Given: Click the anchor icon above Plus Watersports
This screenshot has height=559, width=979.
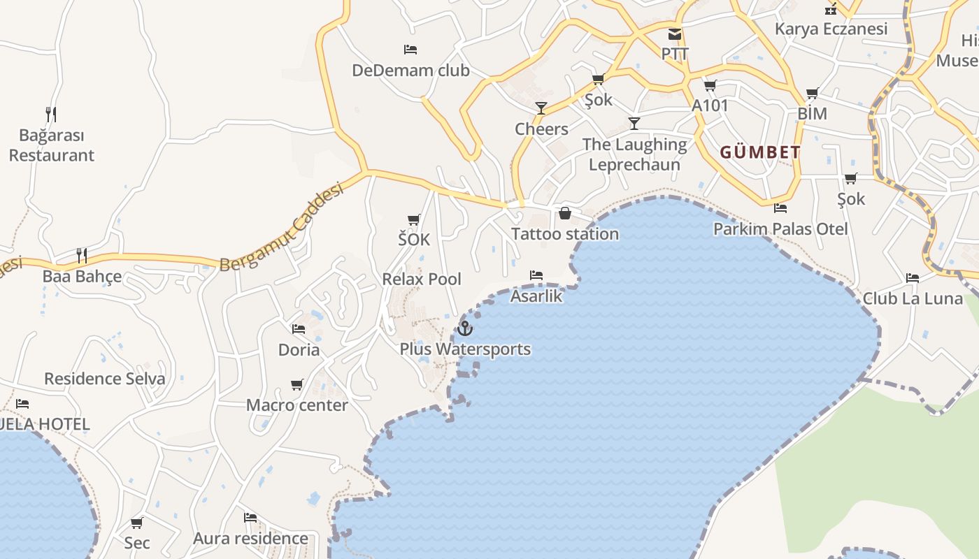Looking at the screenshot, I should [x=465, y=328].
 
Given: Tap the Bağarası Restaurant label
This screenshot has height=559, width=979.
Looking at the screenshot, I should [x=51, y=145].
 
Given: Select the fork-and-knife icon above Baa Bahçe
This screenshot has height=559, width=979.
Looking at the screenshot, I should [x=82, y=256].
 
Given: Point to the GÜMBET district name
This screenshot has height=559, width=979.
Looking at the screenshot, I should [x=760, y=152].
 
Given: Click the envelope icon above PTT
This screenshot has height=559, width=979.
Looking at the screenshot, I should [x=675, y=34].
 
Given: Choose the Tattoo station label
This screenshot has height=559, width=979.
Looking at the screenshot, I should [x=565, y=234].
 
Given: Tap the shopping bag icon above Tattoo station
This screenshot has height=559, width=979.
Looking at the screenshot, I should [x=565, y=213].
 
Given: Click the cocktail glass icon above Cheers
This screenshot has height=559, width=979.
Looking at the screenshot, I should [x=541, y=108].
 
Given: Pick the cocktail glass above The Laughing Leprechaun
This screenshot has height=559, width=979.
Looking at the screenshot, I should [x=634, y=124].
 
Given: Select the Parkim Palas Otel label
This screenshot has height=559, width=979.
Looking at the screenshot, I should [x=780, y=228].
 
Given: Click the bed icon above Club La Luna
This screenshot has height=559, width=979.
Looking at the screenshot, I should [x=913, y=277].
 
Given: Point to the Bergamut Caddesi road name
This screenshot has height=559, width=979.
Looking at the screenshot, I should [x=283, y=228].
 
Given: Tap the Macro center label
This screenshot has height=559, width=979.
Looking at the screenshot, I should [x=296, y=405].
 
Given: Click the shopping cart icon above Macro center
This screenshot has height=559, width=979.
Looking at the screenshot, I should [x=297, y=385].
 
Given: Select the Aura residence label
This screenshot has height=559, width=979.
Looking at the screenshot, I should [x=250, y=538].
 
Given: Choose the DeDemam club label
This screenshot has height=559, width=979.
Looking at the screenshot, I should [x=410, y=71].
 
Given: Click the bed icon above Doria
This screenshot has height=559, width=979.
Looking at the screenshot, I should [x=299, y=328].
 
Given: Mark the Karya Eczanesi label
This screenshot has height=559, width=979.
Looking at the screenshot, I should [x=831, y=29].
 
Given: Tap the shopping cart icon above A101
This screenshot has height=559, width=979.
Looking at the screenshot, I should [x=710, y=86].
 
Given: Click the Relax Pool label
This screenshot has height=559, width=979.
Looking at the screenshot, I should [x=422, y=279].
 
